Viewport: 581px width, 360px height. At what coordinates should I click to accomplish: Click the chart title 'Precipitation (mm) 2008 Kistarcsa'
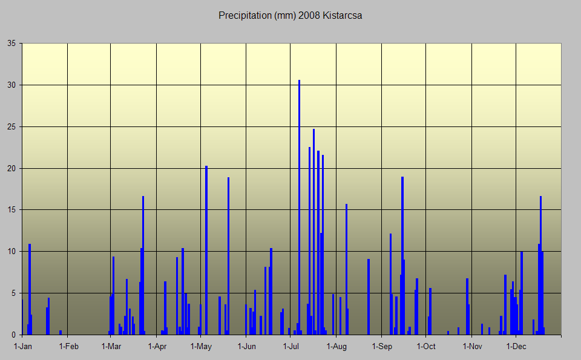pos(290,16)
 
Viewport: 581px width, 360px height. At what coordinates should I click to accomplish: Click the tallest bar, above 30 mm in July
pos(299,206)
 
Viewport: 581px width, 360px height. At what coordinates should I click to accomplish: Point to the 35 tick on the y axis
pos(11,44)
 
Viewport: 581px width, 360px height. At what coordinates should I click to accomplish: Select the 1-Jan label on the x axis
pos(22,347)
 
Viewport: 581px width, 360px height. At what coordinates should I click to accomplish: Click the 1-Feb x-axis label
pos(68,347)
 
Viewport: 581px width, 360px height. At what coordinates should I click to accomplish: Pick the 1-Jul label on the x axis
pos(292,347)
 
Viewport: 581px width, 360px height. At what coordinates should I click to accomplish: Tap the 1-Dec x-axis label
pos(516,347)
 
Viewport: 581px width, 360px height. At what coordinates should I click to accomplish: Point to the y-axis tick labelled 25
pos(11,127)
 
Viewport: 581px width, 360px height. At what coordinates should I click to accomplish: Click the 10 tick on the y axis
pos(11,252)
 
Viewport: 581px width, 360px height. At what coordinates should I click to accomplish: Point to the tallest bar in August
pos(346,269)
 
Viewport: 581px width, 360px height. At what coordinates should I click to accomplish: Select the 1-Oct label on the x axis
pos(426,347)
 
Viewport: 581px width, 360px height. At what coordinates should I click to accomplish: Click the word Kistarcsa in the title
pos(343,16)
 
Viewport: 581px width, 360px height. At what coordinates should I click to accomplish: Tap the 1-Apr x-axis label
pos(157,347)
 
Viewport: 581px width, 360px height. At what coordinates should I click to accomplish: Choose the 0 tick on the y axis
pos(13,335)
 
